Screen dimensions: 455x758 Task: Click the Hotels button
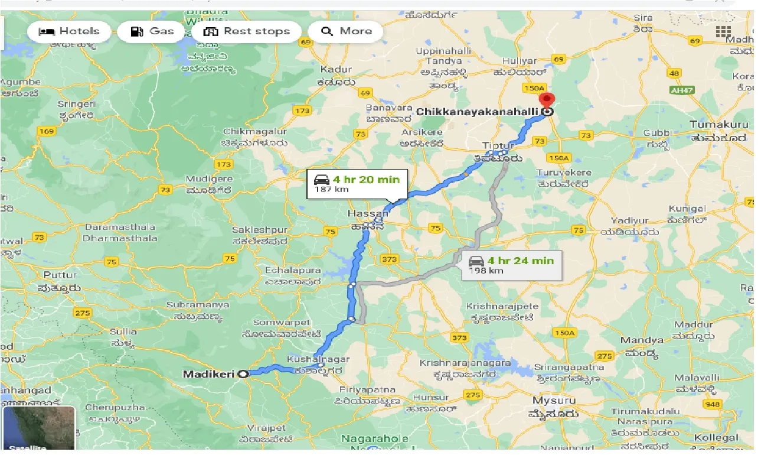click(x=69, y=31)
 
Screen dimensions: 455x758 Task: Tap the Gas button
click(x=152, y=31)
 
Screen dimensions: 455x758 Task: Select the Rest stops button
click(x=246, y=31)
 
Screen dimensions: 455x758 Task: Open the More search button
click(x=346, y=31)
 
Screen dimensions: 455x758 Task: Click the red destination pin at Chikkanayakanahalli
click(x=548, y=101)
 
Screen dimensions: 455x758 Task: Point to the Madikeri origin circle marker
click(x=242, y=373)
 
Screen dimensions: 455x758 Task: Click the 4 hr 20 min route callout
click(x=357, y=183)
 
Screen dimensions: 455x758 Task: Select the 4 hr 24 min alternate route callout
click(x=511, y=265)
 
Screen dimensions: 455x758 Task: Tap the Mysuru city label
click(x=554, y=401)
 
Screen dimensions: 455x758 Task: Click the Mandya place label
click(x=642, y=340)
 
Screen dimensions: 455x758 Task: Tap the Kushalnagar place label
click(x=318, y=359)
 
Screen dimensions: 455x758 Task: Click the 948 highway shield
click(x=712, y=405)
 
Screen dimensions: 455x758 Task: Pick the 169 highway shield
click(x=47, y=131)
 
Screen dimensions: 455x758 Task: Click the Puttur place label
click(x=60, y=275)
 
